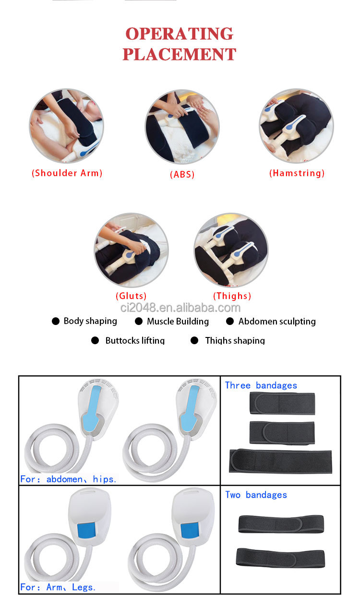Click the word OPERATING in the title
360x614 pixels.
pos(179,34)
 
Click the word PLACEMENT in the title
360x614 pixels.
pos(179,54)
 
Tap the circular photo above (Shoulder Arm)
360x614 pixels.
pos(66,126)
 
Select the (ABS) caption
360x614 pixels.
pos(182,175)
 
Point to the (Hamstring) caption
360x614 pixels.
pos(297,173)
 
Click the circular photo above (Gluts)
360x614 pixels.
pos(131,251)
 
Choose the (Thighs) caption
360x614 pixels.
pos(232,296)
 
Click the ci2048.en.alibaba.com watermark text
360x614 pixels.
pos(180,308)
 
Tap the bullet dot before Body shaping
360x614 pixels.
pos(56,321)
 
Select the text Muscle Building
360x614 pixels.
pos(178,322)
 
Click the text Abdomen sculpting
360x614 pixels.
pos(277,322)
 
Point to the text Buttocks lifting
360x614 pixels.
pos(135,341)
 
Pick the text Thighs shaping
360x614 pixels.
pos(235,341)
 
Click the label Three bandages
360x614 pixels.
pos(261,385)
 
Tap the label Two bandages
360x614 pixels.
pos(256,495)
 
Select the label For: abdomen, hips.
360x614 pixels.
pos(68,479)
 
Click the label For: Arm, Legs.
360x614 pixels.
pos(58,587)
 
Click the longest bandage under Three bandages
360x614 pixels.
pos(280,461)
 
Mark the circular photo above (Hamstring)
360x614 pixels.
pos(296,126)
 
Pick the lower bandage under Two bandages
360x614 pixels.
pos(280,557)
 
